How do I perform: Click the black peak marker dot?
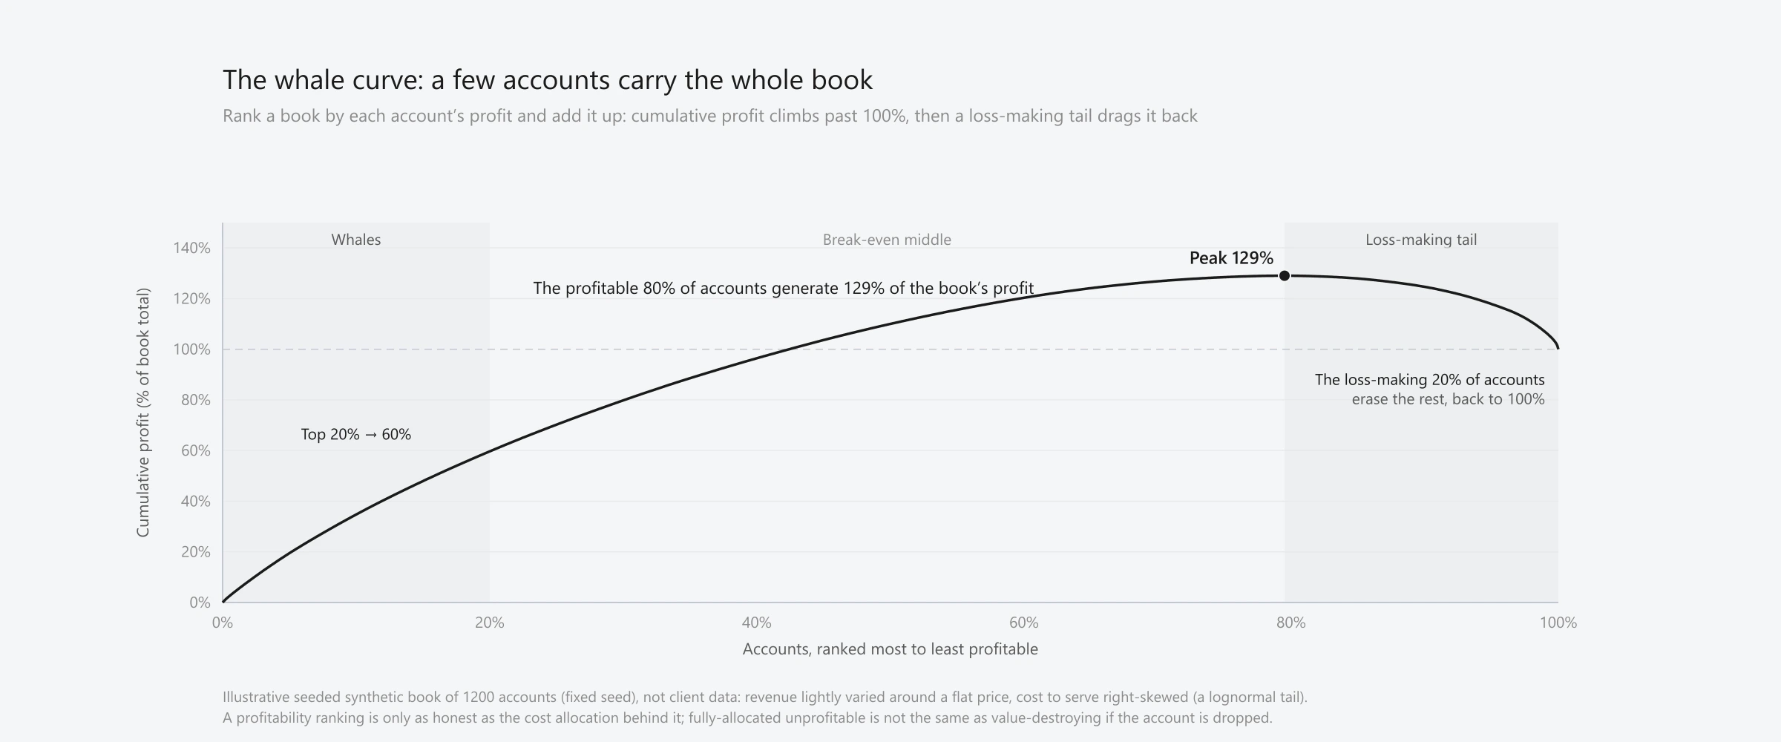[x=1285, y=276]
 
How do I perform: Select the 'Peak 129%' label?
[x=1231, y=258]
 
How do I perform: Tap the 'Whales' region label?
[x=356, y=240]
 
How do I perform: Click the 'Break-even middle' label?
[x=887, y=240]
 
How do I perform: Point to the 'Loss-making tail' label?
[x=1421, y=240]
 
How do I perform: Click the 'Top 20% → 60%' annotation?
[x=356, y=435]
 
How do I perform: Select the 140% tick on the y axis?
[x=192, y=248]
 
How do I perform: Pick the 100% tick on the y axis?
[x=192, y=349]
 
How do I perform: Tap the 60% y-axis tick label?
[x=196, y=451]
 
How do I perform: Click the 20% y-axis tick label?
[x=196, y=552]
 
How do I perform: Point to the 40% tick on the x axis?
[x=757, y=623]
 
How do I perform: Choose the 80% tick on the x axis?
[x=1291, y=623]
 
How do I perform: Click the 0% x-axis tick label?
[x=223, y=623]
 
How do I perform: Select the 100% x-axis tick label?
[x=1558, y=623]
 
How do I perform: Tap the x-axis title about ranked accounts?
[x=890, y=649]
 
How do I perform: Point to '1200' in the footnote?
[x=479, y=697]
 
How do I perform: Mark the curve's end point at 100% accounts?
[x=1558, y=347]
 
